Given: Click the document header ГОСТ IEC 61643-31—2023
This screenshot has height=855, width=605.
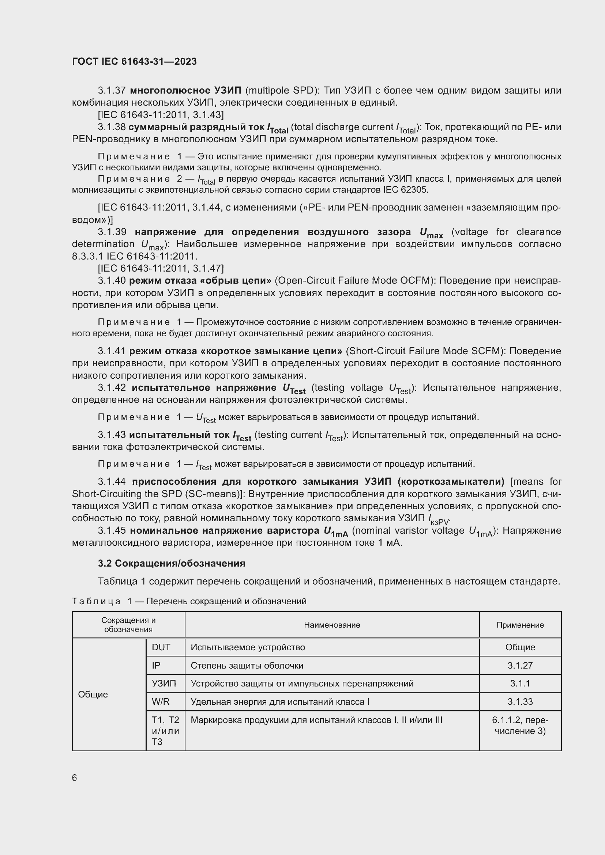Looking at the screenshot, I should tap(134, 61).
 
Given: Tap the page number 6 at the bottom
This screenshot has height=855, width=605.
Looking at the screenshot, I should tap(75, 778).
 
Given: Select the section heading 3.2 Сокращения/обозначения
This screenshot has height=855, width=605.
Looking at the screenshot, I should tap(171, 563).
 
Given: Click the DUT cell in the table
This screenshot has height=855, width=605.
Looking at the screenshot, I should tap(161, 647).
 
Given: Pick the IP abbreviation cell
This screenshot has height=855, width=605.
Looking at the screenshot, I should tap(156, 665).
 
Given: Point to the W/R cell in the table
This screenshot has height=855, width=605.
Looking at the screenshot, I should tap(161, 701).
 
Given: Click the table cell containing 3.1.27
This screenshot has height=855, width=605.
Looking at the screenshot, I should tap(520, 665).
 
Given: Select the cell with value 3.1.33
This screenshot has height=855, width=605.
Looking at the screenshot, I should tap(520, 701).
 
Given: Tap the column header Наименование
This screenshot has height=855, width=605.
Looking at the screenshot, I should tap(331, 625).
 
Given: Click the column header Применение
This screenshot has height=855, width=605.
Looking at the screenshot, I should tap(520, 625).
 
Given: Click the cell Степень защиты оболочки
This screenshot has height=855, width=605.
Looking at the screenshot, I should tap(247, 665).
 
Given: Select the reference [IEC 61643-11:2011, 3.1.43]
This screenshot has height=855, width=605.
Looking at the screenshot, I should tap(161, 115).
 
